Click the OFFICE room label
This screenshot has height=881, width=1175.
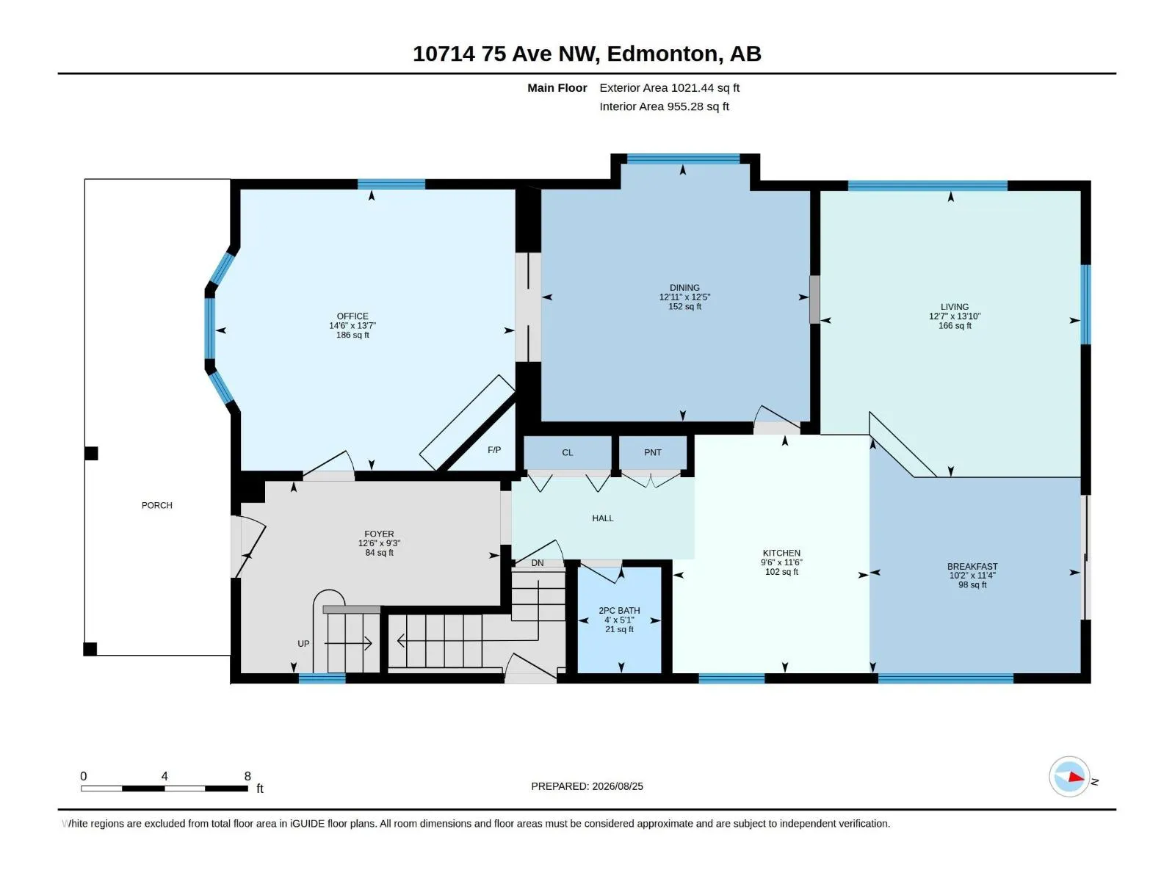(x=352, y=316)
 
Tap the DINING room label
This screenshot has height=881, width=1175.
(x=684, y=288)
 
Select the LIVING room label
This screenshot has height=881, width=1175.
(x=955, y=307)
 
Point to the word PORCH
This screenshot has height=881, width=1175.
(x=157, y=506)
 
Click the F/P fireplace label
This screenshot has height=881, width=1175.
(x=494, y=450)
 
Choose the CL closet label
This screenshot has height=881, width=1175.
(x=568, y=453)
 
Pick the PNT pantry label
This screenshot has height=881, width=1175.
(x=653, y=452)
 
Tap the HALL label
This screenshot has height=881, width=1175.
(x=603, y=518)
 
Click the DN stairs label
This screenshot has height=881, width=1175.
(x=538, y=563)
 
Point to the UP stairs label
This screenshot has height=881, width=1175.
(x=303, y=644)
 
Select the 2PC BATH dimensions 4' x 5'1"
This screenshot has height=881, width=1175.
(x=619, y=620)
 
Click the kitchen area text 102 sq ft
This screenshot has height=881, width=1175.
(x=781, y=572)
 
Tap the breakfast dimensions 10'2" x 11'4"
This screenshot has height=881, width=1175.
(x=972, y=576)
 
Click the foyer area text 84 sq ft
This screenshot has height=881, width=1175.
(x=379, y=553)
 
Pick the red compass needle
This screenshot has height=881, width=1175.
(x=1076, y=777)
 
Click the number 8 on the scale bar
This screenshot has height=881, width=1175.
(x=247, y=776)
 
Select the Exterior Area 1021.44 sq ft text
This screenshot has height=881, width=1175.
(x=669, y=88)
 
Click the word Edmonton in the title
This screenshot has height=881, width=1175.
(x=662, y=54)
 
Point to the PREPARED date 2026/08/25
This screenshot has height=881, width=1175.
(x=617, y=787)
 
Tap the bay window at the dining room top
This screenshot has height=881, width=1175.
(x=683, y=159)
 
